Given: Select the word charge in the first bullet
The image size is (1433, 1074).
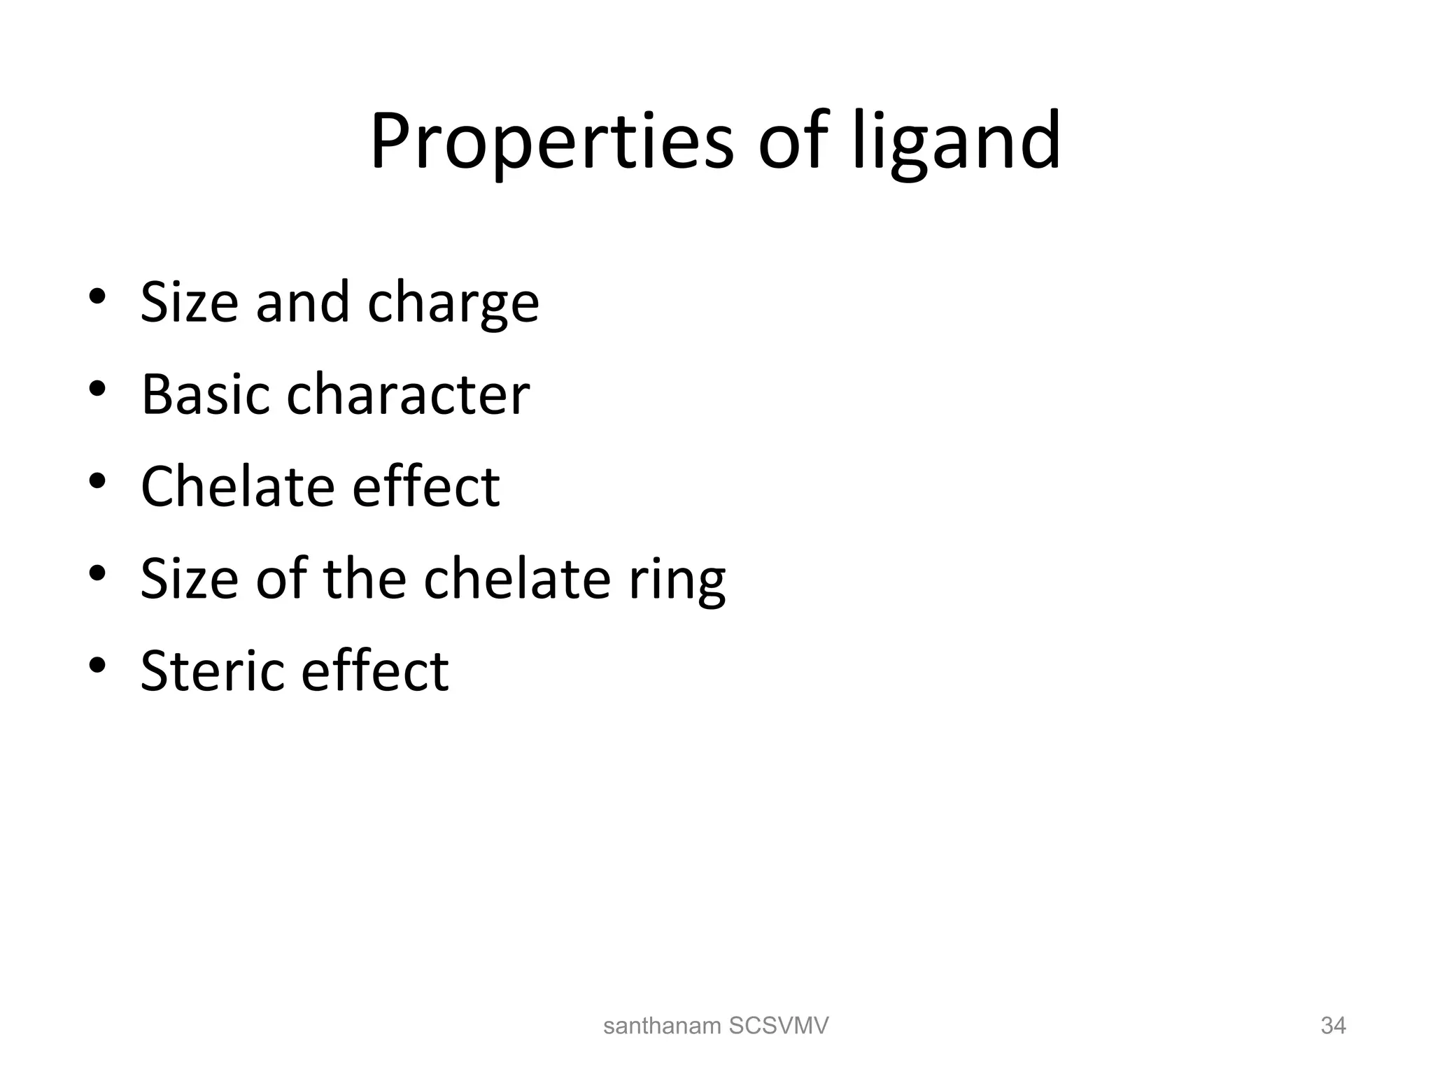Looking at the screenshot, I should (x=453, y=305).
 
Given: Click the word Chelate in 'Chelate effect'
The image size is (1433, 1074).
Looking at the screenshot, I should (x=237, y=487).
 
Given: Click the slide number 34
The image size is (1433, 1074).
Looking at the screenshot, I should (x=1333, y=1026).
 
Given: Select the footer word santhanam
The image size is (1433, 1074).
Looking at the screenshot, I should (x=662, y=1026).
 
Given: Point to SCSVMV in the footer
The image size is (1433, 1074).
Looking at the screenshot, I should (x=778, y=1026).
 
